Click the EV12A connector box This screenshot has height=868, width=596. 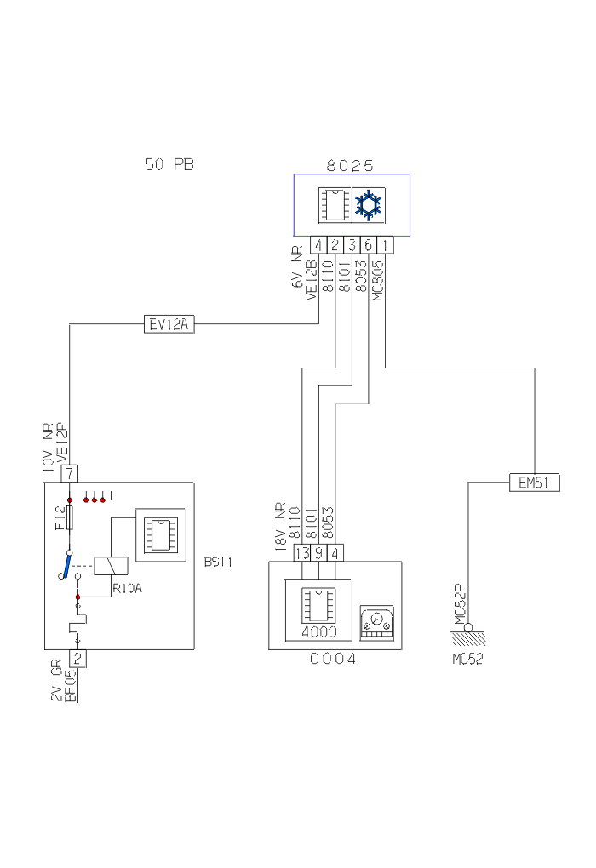[x=169, y=324]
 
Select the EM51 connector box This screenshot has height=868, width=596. [x=534, y=483]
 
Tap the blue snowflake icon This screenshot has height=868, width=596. [x=369, y=205]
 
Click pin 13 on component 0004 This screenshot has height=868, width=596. [x=301, y=552]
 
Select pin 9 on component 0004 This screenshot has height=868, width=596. [x=319, y=552]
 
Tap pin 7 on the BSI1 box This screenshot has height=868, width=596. [x=70, y=472]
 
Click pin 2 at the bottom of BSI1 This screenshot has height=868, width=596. [x=77, y=659]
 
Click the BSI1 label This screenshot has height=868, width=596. [x=219, y=562]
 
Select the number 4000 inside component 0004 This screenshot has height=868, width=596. [x=319, y=632]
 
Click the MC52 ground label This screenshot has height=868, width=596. [x=467, y=660]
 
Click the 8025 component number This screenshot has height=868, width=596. [x=350, y=166]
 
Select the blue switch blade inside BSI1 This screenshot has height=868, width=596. [x=66, y=563]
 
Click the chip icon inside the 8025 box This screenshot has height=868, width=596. [x=333, y=205]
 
